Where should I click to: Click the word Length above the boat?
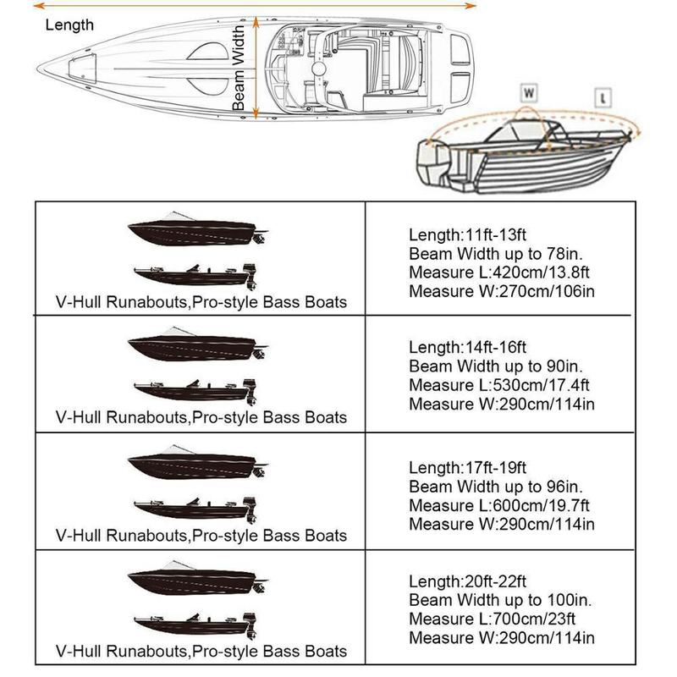pos(69,25)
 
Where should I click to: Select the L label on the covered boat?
pos(603,96)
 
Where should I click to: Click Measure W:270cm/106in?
pos(502,291)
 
